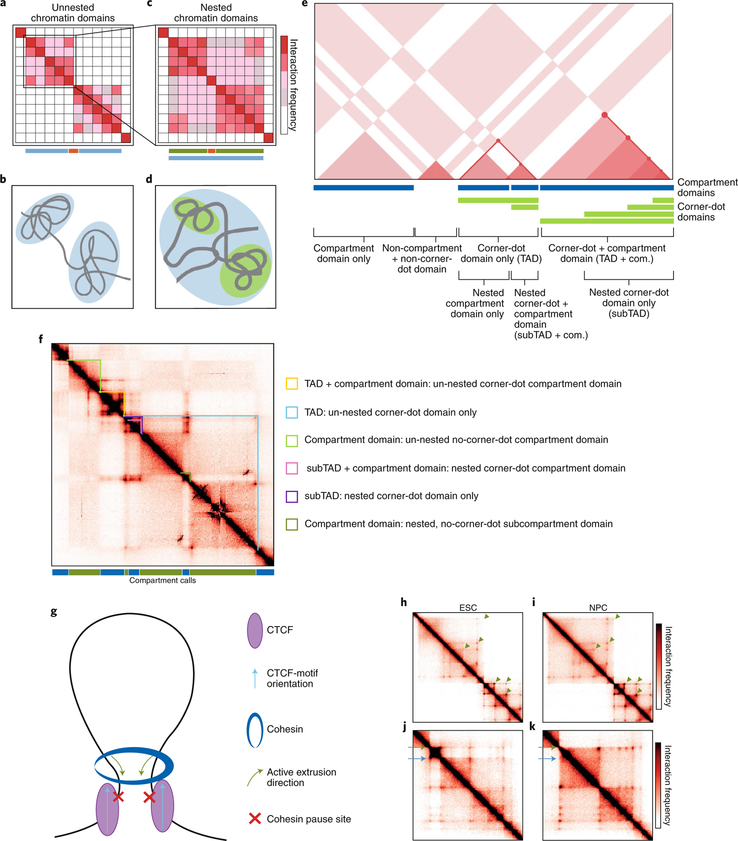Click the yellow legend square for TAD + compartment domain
pyautogui.click(x=292, y=384)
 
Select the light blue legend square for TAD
pyautogui.click(x=292, y=412)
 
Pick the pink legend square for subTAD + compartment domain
pyautogui.click(x=292, y=468)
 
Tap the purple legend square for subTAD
pyautogui.click(x=292, y=496)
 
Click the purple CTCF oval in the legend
pyautogui.click(x=255, y=630)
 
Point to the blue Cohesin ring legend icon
pyautogui.click(x=255, y=730)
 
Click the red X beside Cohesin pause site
pyautogui.click(x=255, y=819)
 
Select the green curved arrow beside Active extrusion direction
pyautogui.click(x=254, y=777)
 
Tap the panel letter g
pyautogui.click(x=54, y=612)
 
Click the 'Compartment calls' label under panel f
pyautogui.click(x=163, y=580)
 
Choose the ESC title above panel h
pyautogui.click(x=468, y=607)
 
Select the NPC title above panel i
pyautogui.click(x=598, y=607)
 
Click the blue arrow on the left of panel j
pyautogui.click(x=417, y=759)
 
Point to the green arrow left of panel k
pyautogui.click(x=547, y=748)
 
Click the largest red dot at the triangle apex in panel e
pyautogui.click(x=604, y=114)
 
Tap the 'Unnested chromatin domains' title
pyautogui.click(x=72, y=13)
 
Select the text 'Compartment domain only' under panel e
pyautogui.click(x=343, y=253)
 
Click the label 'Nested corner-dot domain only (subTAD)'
pyautogui.click(x=629, y=303)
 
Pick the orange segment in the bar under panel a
pyautogui.click(x=73, y=151)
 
